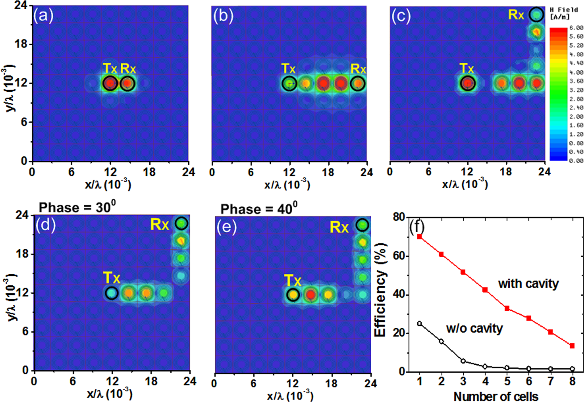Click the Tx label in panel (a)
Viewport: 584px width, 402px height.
point(110,68)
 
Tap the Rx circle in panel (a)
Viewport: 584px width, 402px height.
point(127,83)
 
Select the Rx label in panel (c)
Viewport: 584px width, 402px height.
point(516,15)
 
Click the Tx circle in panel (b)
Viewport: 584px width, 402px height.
point(289,84)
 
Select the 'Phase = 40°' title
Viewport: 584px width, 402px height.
point(259,209)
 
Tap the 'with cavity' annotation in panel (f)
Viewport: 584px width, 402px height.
point(528,283)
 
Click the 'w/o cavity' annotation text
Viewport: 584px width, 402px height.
point(474,328)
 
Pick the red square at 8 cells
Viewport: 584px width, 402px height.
point(572,346)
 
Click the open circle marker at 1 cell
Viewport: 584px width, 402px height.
point(419,323)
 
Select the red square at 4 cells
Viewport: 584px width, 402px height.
point(485,290)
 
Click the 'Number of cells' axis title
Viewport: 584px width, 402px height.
point(496,396)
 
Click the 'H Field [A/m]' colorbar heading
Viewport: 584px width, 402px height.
point(564,13)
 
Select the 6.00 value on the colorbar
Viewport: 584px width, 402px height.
point(576,28)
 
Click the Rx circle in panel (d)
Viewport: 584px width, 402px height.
point(181,223)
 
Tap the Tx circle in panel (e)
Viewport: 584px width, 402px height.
point(293,295)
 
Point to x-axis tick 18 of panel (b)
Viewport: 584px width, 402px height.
point(328,172)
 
